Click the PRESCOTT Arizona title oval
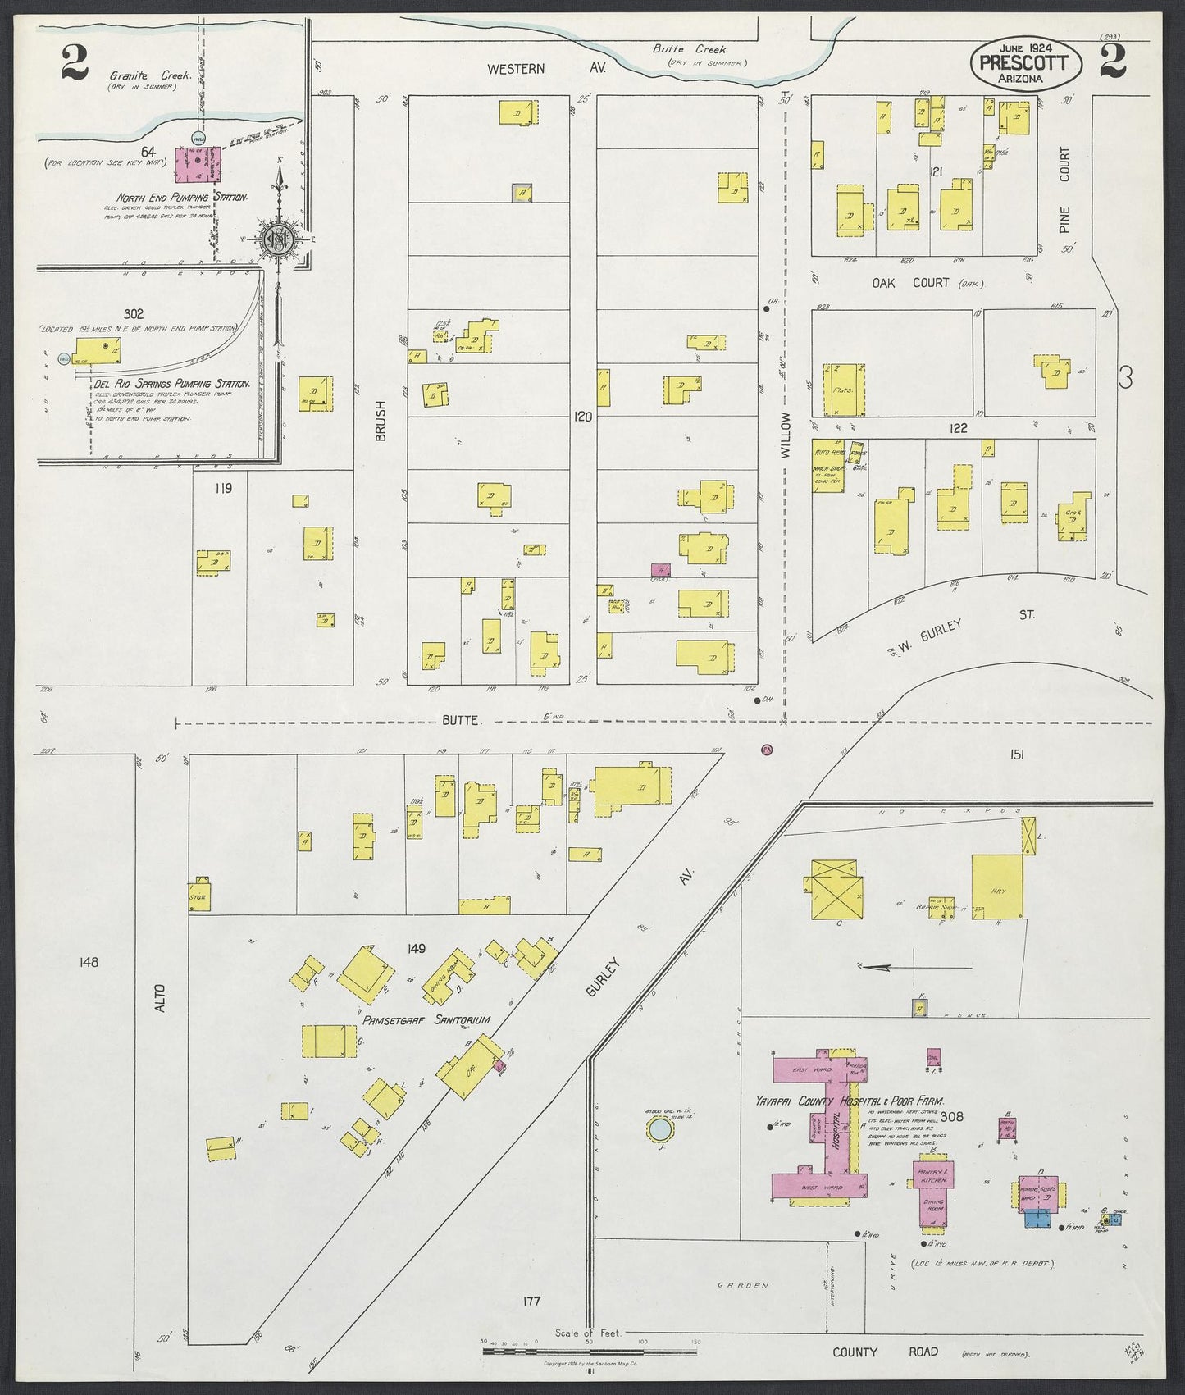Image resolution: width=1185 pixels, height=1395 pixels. tap(1025, 63)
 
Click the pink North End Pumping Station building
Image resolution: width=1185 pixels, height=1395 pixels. tap(199, 164)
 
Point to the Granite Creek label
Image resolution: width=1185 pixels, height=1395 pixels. tap(150, 75)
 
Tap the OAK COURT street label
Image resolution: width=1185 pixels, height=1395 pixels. tap(910, 282)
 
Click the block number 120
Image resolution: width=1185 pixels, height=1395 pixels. tap(582, 417)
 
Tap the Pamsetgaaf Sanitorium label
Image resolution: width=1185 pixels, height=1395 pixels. tap(426, 1019)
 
